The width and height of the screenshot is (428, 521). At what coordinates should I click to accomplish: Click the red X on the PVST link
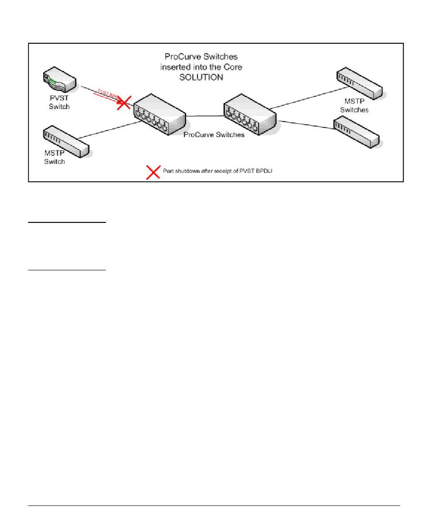(x=123, y=103)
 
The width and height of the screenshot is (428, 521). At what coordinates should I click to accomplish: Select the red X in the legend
(x=153, y=172)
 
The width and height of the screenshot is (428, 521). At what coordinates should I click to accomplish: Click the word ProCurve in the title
(x=180, y=58)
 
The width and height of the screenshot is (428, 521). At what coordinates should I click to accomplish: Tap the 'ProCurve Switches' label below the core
(x=214, y=135)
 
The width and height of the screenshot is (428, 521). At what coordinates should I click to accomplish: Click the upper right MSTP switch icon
(x=360, y=83)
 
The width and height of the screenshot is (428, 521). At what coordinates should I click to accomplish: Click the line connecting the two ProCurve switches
(x=205, y=116)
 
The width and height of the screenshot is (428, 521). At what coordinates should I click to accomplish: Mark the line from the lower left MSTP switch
(x=108, y=131)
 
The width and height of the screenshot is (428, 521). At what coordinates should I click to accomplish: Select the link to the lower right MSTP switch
(x=306, y=125)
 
